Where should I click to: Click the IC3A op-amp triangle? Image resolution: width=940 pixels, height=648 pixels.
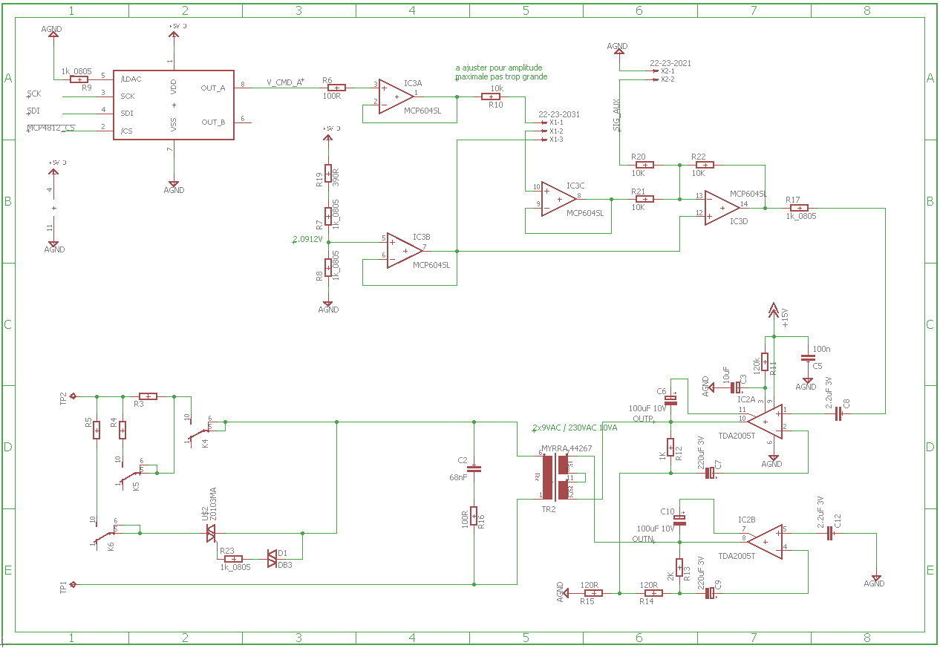tap(395, 97)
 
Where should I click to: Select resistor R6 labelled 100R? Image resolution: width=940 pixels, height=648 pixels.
tap(336, 88)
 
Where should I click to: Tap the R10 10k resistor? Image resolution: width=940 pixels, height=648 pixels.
tap(491, 96)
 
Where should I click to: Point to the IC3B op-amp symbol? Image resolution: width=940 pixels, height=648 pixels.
tap(404, 251)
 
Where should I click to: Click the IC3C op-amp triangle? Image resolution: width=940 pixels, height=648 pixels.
tap(558, 199)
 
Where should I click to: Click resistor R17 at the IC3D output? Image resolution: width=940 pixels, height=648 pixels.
tap(799, 208)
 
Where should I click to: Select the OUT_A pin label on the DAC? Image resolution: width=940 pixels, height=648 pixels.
tap(213, 88)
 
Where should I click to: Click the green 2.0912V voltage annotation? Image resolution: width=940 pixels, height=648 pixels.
tap(308, 239)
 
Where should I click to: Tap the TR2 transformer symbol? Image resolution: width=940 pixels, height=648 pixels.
tap(555, 477)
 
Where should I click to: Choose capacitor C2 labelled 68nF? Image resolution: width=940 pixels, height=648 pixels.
tap(475, 469)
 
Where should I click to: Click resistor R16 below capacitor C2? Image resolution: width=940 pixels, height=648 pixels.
tap(475, 518)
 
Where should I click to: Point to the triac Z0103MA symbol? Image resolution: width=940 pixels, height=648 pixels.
tap(211, 532)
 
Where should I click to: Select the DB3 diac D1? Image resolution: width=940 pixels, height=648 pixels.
tap(272, 558)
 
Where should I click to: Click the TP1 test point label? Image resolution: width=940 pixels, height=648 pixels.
tap(64, 585)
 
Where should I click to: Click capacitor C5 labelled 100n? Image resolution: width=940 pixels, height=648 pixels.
tap(808, 358)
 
